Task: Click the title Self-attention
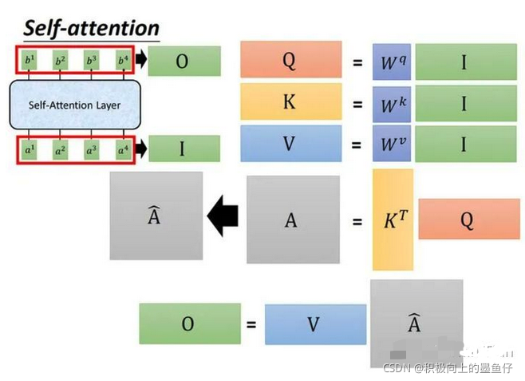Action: click(91, 29)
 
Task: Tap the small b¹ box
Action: click(29, 60)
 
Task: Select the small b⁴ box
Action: click(122, 60)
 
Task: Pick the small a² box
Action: click(60, 149)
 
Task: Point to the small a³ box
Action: click(91, 149)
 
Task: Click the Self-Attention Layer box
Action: click(75, 105)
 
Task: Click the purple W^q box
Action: click(391, 62)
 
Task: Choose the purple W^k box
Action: click(391, 101)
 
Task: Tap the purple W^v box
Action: click(391, 144)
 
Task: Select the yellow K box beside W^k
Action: click(290, 101)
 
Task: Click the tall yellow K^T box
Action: click(392, 220)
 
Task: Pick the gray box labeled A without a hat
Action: click(290, 220)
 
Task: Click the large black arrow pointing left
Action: click(223, 216)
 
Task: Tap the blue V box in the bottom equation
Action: click(313, 323)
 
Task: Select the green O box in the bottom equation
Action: click(187, 323)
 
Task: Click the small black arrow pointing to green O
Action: click(140, 60)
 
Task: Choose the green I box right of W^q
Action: click(464, 62)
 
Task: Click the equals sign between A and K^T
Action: click(356, 220)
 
